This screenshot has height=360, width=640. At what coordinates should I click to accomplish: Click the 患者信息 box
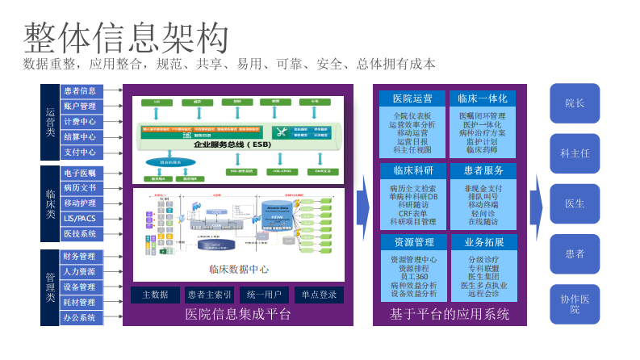[x=80, y=91]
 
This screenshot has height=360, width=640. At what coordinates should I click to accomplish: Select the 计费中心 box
[x=80, y=122]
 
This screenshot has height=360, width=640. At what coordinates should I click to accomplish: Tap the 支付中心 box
[x=80, y=153]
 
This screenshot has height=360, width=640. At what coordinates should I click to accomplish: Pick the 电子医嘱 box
[x=80, y=173]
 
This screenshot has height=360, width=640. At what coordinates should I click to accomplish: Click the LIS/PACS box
[x=80, y=219]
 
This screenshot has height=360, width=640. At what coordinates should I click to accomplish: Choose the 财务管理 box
[x=80, y=257]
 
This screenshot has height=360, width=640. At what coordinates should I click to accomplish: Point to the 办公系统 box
[x=80, y=318]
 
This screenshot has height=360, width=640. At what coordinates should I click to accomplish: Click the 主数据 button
[x=155, y=295]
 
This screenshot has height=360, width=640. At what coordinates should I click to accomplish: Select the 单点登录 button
[x=319, y=295]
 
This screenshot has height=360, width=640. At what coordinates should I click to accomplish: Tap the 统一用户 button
[x=264, y=295]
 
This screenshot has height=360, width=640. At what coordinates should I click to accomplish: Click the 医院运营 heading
[x=412, y=98]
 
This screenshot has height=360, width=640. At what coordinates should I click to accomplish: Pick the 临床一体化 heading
[x=482, y=98]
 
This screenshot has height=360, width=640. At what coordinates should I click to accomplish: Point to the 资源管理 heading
[x=412, y=242]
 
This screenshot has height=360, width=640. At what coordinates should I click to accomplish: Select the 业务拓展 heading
[x=482, y=242]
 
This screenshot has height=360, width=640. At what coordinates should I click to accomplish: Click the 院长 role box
[x=575, y=103]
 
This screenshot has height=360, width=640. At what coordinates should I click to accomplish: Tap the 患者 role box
[x=575, y=254]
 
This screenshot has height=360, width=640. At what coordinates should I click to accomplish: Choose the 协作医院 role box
[x=575, y=304]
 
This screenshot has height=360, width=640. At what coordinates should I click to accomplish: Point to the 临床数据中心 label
[x=239, y=269]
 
